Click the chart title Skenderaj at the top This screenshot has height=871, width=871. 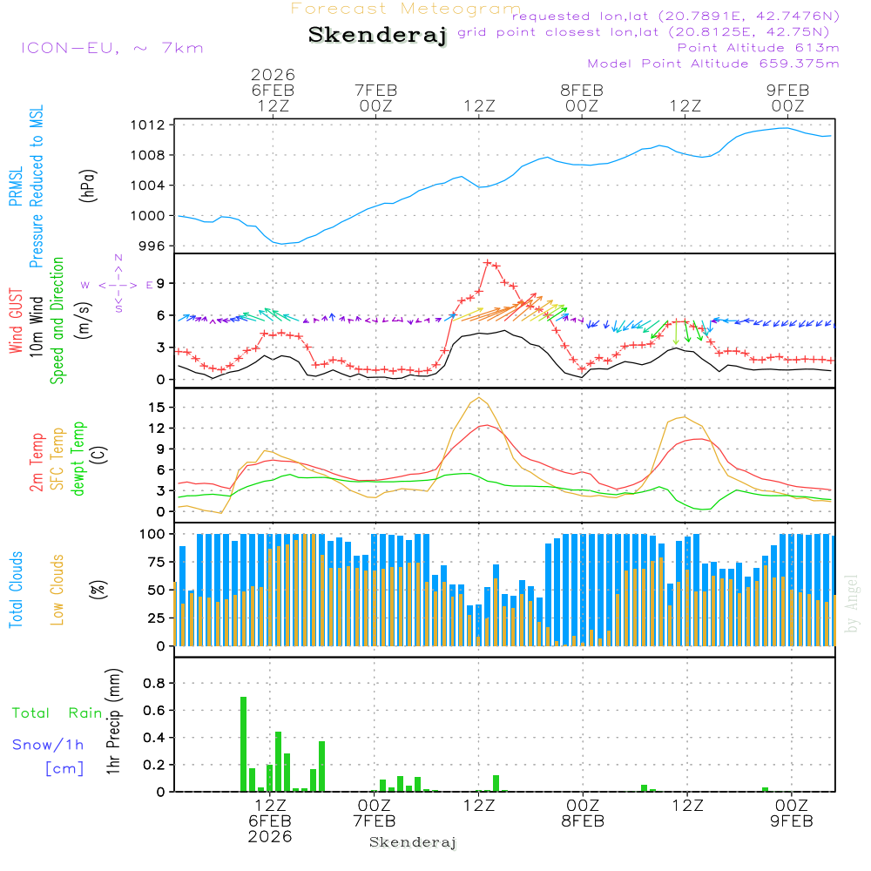point(376,36)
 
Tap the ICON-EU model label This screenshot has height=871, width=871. point(111,48)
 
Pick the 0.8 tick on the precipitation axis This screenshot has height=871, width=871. point(153,683)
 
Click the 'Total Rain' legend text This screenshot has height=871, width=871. point(57,712)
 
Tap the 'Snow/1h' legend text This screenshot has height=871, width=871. point(48,745)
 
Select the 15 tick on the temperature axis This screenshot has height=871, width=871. point(158,407)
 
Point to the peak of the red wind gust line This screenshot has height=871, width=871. point(488,262)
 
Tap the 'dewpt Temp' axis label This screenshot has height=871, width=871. point(78,459)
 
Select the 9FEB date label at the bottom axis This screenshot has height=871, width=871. point(791,821)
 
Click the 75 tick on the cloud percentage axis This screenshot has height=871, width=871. point(158,562)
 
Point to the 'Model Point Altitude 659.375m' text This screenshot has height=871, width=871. point(712,64)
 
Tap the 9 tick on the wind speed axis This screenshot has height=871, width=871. point(161,283)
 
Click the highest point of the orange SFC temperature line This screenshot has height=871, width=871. point(479,398)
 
